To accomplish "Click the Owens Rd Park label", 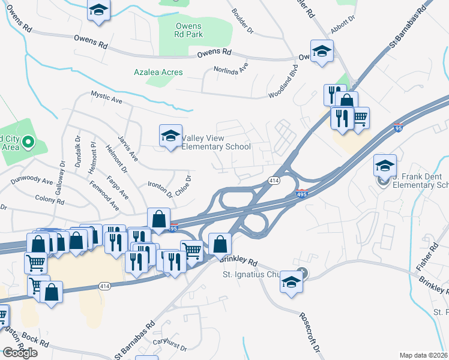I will pos(189,30).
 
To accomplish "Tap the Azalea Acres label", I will pos(158,73).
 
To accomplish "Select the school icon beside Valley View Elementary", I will pos(170,137).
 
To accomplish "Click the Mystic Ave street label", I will pos(106,97).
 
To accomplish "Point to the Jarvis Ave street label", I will pos(128,148).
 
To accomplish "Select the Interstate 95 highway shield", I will pos(399,128).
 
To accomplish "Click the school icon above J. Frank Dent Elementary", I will pos(385,165).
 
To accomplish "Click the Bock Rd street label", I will pos(37,340).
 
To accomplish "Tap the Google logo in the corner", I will pos(19,352).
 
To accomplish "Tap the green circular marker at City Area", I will pos(28,143).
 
